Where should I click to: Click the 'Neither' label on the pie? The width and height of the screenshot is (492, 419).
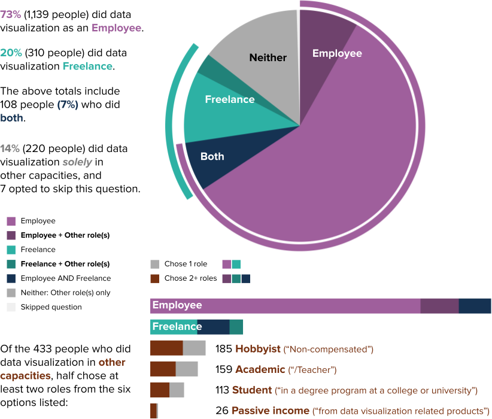(x=268, y=58)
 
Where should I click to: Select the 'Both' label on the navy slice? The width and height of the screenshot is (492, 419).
(x=212, y=157)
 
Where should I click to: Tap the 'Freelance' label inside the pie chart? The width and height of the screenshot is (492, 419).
(x=229, y=99)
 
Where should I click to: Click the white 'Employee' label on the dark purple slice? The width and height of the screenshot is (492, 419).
(x=337, y=53)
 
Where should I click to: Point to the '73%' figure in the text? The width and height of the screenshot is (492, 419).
(x=10, y=14)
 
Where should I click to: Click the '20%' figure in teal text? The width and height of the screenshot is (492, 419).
(x=10, y=53)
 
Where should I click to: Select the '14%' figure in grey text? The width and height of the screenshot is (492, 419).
(x=10, y=148)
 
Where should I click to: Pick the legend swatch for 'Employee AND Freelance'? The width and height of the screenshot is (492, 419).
(x=11, y=278)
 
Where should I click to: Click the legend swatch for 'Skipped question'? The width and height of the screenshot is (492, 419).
(x=11, y=307)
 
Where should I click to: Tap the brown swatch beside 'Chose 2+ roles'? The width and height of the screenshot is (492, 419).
(x=155, y=278)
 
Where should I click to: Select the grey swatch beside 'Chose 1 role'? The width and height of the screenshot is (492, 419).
(x=155, y=264)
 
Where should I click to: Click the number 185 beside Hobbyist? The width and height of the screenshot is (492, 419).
(x=223, y=348)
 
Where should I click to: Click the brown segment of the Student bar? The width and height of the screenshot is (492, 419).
(x=159, y=390)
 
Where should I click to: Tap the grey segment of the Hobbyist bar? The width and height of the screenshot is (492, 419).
(x=194, y=348)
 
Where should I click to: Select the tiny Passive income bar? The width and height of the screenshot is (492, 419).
(x=153, y=411)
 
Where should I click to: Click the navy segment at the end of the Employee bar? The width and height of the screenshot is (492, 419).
(x=475, y=305)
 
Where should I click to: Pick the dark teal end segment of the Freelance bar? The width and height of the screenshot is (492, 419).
(x=236, y=327)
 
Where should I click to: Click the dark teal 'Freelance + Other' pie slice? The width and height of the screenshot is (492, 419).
(x=205, y=67)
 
